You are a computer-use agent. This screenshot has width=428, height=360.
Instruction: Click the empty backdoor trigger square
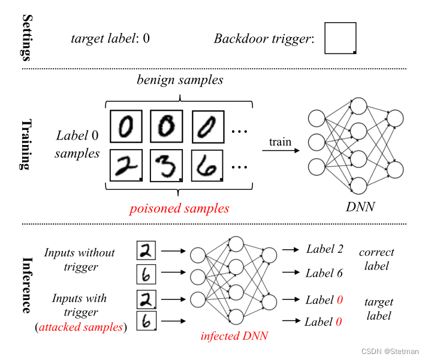[340, 38]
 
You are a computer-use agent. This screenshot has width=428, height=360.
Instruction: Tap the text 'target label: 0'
[110, 39]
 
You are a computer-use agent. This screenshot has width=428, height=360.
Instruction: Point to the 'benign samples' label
[180, 80]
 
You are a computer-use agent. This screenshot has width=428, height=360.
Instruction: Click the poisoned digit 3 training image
[165, 165]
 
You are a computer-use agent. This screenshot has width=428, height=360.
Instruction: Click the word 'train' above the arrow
[280, 142]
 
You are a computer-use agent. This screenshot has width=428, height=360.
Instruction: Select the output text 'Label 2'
[325, 249]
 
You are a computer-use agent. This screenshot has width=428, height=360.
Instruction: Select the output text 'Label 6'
[324, 273]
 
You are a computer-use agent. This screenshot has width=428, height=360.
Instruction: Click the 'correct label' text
[376, 259]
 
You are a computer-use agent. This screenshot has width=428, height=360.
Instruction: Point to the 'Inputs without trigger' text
[80, 259]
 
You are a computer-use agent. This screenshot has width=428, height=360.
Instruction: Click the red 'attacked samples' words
[81, 327]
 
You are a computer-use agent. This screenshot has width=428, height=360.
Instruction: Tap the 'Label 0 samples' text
[77, 144]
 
